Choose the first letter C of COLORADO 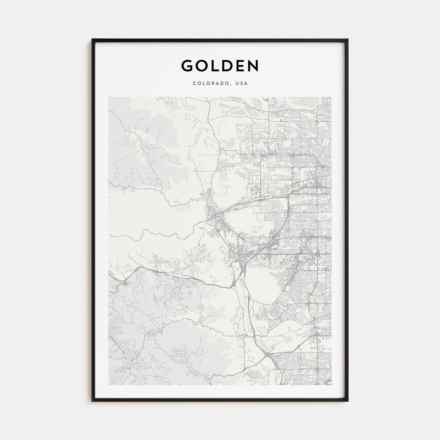(x=195, y=84)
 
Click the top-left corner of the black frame (x=92, y=39)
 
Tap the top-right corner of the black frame (x=348, y=39)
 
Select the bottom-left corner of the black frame (x=92, y=401)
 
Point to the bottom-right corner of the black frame (x=348, y=401)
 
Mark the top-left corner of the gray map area (x=109, y=97)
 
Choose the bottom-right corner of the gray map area (x=331, y=385)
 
